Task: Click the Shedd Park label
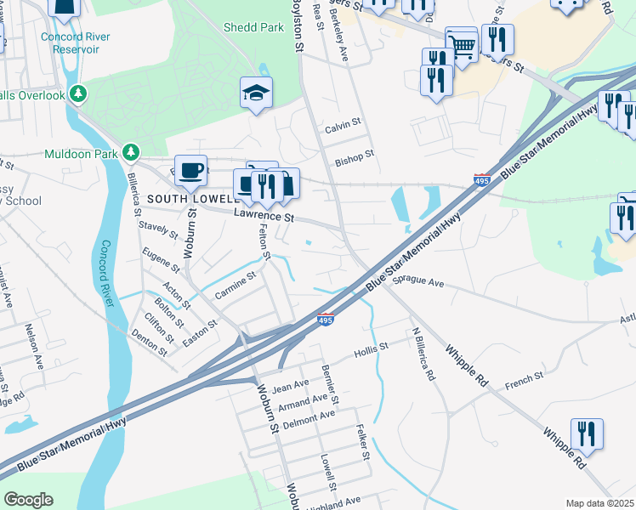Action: (x=253, y=27)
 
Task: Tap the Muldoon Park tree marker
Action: (x=130, y=152)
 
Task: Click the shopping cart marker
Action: (x=461, y=43)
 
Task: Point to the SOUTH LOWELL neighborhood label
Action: (x=188, y=198)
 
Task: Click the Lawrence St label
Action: (x=264, y=218)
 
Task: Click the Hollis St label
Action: (x=371, y=347)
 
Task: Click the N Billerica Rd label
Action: (x=423, y=354)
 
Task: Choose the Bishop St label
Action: (x=354, y=156)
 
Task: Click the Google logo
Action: (x=28, y=500)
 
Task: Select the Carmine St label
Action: (x=235, y=285)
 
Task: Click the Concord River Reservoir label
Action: (x=70, y=43)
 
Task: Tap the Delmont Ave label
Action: (x=309, y=416)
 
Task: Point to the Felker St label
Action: (x=364, y=443)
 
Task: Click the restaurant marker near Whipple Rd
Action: (x=587, y=433)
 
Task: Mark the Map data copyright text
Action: (x=600, y=503)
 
